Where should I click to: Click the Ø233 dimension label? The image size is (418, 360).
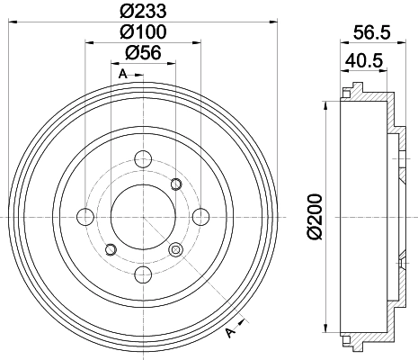[x=143, y=11]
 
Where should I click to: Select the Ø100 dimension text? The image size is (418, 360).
[x=143, y=31]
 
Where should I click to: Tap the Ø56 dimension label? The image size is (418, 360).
[x=143, y=52]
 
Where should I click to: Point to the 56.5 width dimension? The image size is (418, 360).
[x=372, y=32]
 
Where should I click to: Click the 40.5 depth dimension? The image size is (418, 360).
[x=364, y=60]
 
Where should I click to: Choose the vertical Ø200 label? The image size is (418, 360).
[x=315, y=217]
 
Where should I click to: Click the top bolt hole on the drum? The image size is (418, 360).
[x=143, y=159]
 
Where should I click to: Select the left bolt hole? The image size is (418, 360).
[x=85, y=217]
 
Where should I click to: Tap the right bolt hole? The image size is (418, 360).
[x=200, y=217]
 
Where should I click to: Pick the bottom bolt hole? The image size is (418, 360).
[x=143, y=274]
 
